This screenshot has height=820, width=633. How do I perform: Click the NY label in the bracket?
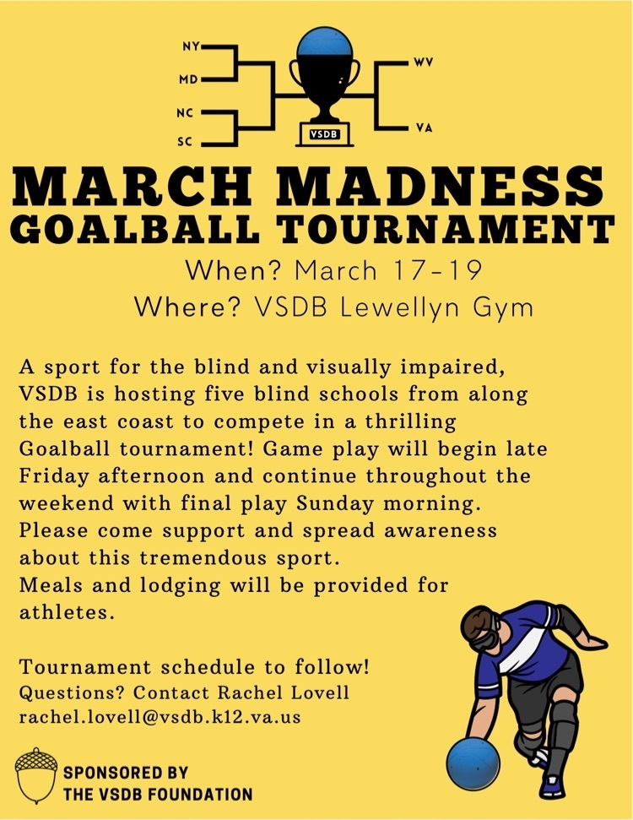tap(191, 46)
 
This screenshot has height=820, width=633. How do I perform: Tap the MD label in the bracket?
tap(189, 79)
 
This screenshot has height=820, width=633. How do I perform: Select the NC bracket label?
tap(185, 113)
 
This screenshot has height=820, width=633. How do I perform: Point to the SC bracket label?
tap(185, 141)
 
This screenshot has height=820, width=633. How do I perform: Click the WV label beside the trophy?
tap(423, 62)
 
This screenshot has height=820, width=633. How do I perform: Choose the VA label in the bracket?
tap(425, 128)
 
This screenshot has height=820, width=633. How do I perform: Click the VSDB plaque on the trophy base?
tap(324, 134)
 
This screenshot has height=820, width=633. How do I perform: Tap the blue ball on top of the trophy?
tap(324, 42)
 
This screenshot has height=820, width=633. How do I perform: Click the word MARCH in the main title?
tap(133, 186)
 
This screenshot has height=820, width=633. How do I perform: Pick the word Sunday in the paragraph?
tap(335, 504)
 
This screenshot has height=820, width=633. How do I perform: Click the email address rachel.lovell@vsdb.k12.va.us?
tap(160, 716)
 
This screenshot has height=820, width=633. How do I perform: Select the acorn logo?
tap(35, 775)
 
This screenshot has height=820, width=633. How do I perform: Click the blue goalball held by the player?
tap(473, 763)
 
